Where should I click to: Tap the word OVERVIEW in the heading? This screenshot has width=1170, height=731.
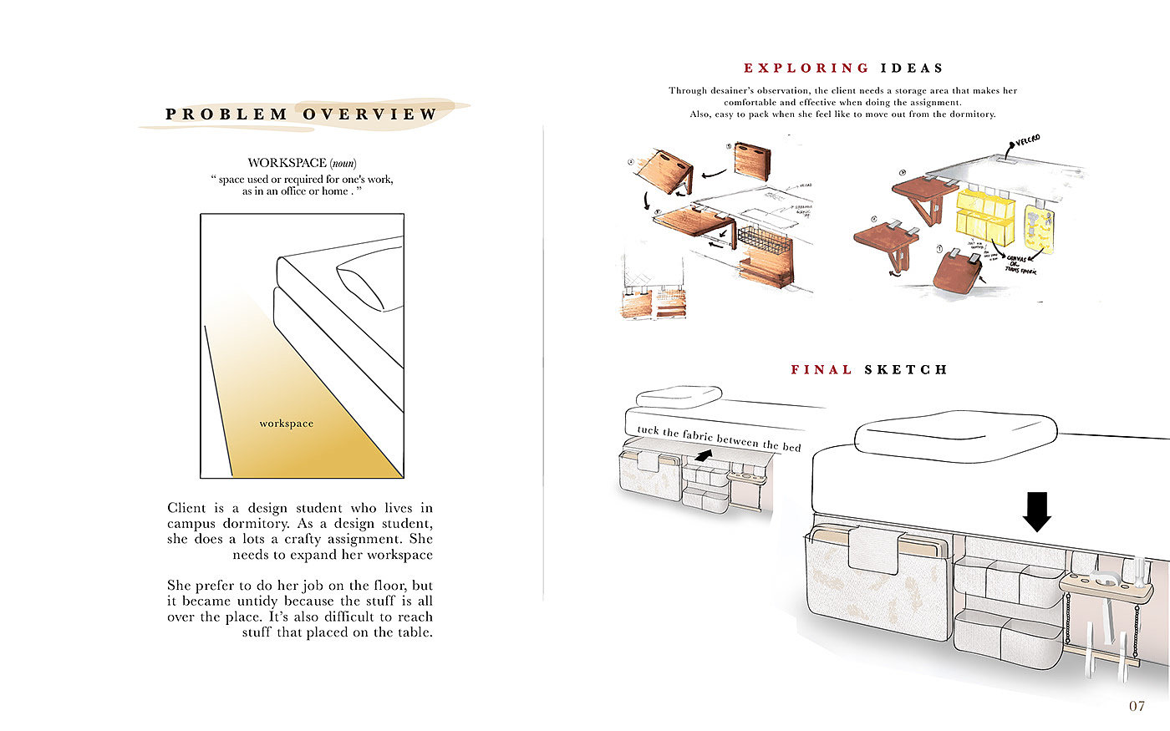369,114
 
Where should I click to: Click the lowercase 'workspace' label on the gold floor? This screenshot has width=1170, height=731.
286,424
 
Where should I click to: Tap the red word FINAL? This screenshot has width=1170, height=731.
822,369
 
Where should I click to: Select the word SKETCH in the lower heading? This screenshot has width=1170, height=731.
906,369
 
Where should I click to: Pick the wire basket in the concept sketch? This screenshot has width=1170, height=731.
762,242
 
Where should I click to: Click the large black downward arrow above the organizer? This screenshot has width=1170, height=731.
1036,511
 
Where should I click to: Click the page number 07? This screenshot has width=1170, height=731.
1137,706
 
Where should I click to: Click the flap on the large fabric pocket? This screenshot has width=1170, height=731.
872,550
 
